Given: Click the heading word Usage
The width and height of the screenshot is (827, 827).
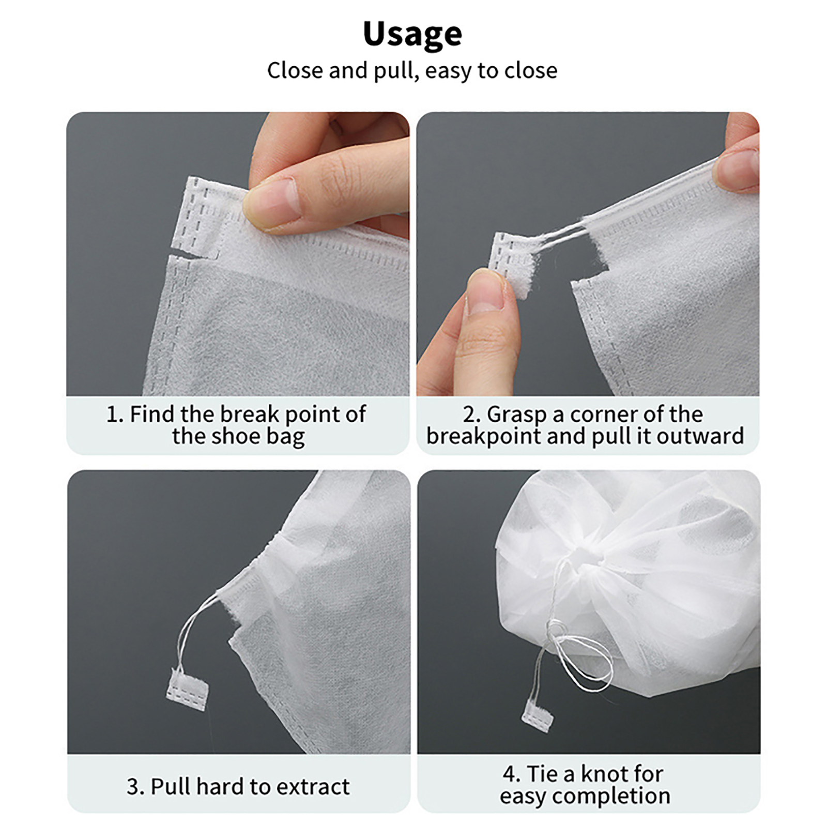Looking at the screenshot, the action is tap(412, 34).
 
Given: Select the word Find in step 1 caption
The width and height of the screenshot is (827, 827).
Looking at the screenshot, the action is tap(153, 414).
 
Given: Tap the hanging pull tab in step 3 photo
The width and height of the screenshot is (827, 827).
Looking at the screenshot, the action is tap(187, 682).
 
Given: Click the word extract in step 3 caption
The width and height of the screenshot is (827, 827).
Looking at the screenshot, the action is tap(313, 787).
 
